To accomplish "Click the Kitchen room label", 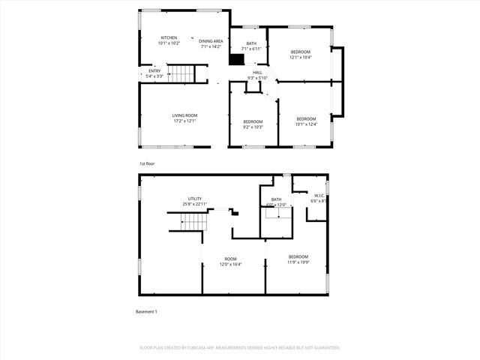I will click(169, 40).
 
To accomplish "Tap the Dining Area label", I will click(211, 43).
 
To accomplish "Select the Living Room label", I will click(184, 118).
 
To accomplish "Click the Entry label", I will click(154, 73).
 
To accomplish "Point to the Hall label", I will click(257, 75).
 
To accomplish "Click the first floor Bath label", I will click(250, 46).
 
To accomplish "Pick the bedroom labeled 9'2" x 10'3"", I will click(253, 124).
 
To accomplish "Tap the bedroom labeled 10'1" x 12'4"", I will click(306, 121).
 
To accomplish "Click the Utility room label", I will click(194, 200).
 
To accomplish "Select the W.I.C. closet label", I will click(319, 198).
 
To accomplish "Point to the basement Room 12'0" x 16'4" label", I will click(229, 262).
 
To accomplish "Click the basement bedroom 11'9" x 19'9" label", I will click(298, 259).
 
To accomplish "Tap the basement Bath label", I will click(276, 202).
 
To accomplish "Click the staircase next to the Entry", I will click(180, 73).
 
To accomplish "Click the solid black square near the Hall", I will click(237, 61).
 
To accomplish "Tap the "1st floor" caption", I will click(147, 163).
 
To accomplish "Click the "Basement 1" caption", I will click(146, 311).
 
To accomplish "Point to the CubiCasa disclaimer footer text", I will click(240, 348).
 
